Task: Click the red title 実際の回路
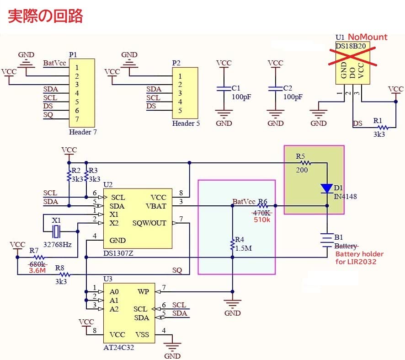tap(46, 16)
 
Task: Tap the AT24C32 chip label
tap(119, 347)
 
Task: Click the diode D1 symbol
tap(327, 188)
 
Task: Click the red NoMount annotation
tap(368, 37)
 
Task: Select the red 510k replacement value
tap(262, 220)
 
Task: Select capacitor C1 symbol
tap(224, 88)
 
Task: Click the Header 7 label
tap(83, 132)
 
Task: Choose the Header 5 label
tap(186, 124)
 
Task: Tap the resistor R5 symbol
tap(305, 162)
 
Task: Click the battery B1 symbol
tap(327, 240)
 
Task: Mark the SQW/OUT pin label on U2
tap(149, 223)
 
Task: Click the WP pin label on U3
tap(143, 291)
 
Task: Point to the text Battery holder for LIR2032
tap(359, 258)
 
